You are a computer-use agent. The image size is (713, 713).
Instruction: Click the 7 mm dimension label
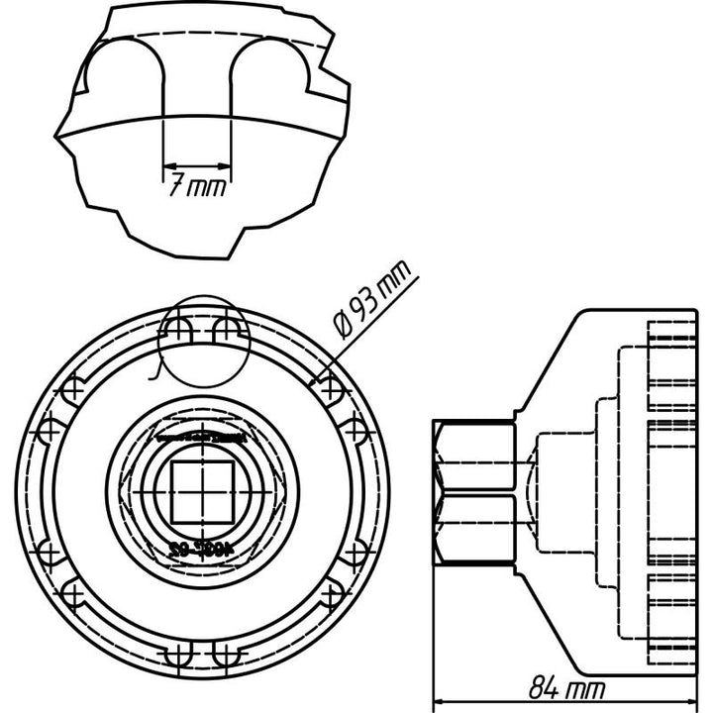tap(197, 186)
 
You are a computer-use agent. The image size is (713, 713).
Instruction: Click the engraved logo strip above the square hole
tap(201, 433)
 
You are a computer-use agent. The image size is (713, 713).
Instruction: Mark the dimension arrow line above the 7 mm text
tap(197, 164)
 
